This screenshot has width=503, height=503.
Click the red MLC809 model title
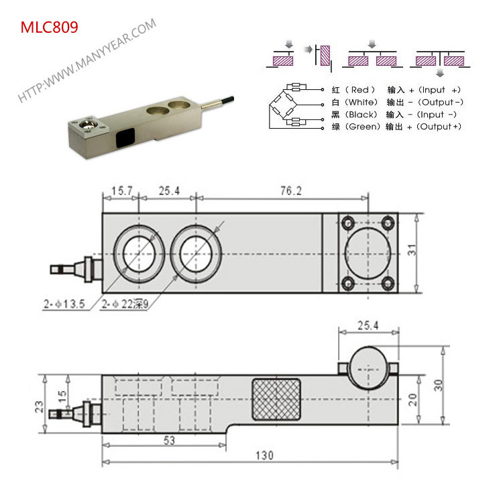click(x=49, y=27)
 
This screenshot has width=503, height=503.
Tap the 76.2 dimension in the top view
click(x=290, y=191)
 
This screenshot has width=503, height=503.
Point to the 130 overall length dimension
click(x=265, y=455)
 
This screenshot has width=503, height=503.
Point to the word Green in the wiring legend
click(x=365, y=127)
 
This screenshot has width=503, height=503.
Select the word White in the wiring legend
click(x=365, y=102)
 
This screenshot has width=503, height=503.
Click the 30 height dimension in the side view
click(x=438, y=385)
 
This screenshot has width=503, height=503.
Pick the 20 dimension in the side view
click(x=413, y=399)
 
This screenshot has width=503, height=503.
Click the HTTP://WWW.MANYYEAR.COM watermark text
click(x=87, y=60)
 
